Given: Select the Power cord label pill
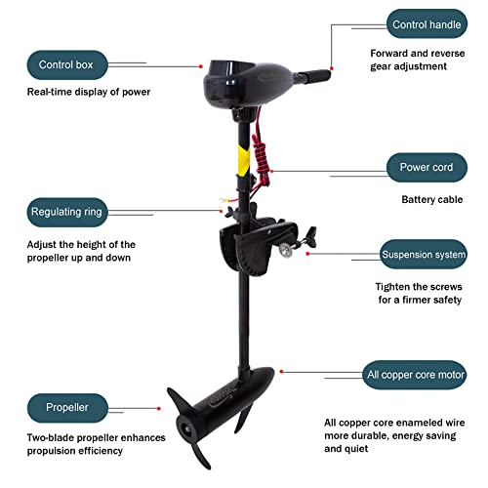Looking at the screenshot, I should pyautogui.click(x=427, y=167).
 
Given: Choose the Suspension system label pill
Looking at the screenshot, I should pyautogui.click(x=423, y=255).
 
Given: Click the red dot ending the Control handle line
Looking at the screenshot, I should pyautogui.click(x=332, y=67).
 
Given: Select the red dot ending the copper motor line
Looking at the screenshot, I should pyautogui.click(x=281, y=371).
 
